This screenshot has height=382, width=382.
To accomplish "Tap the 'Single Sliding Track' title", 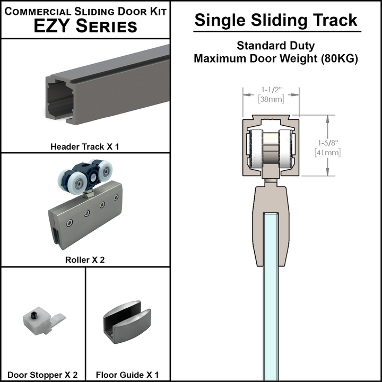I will (276, 20).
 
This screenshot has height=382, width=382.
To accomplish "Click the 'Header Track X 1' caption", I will (85, 146).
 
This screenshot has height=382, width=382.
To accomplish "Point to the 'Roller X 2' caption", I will (85, 260).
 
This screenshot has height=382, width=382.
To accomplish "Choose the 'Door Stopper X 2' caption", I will (43, 375).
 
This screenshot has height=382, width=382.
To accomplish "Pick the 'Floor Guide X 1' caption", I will (127, 375).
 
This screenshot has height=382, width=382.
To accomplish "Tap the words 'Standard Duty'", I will (276, 46).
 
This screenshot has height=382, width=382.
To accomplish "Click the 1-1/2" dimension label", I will (271, 90).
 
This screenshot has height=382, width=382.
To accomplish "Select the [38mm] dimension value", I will (271, 99).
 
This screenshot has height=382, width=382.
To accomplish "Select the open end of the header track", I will (58, 98).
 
